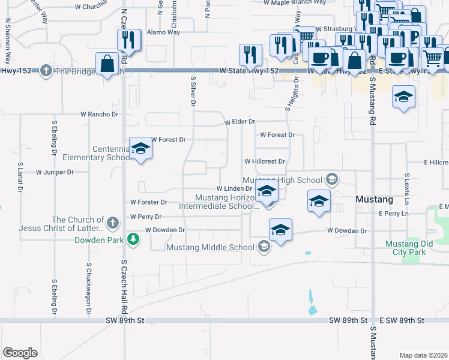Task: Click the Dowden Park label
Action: pyautogui.click(x=99, y=241)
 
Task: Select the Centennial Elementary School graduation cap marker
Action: pyautogui.click(x=140, y=149)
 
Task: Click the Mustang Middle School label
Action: pyautogui.click(x=211, y=247)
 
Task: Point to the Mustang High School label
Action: pyautogui.click(x=282, y=179)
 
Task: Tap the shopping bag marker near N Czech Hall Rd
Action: pyautogui.click(x=107, y=64)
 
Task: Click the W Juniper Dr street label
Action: pyautogui.click(x=54, y=172)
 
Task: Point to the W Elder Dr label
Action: pyautogui.click(x=240, y=121)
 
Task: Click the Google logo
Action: pyautogui.click(x=20, y=352)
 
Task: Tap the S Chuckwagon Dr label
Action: pyautogui.click(x=88, y=289)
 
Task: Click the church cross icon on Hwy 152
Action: pyautogui.click(x=46, y=70)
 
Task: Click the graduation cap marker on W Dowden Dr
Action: pyautogui.click(x=280, y=230)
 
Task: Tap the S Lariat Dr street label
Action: pyautogui.click(x=20, y=176)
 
